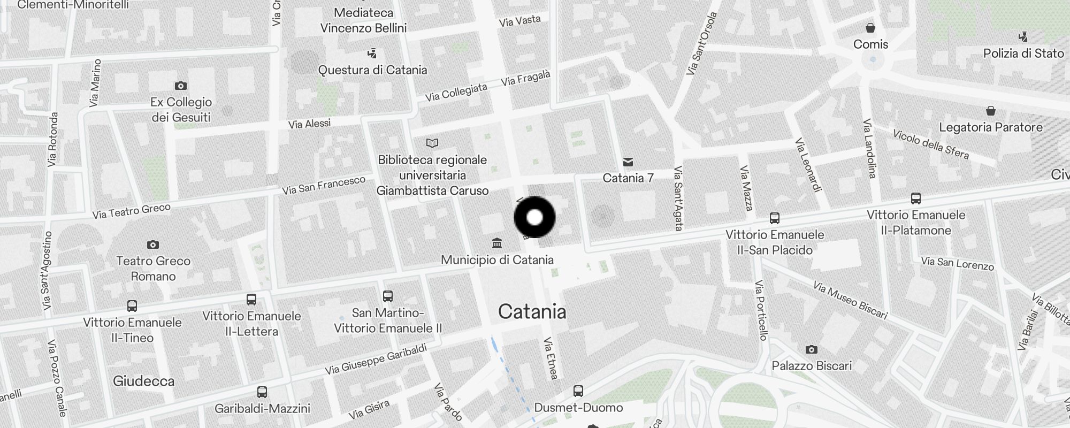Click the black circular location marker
point(534,217)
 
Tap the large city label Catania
point(532,311)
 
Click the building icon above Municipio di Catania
point(497,243)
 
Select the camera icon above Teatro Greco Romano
point(153,244)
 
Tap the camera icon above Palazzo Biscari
point(811,349)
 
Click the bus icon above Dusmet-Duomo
point(578,391)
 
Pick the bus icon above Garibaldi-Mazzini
point(262,392)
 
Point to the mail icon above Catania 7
point(628,162)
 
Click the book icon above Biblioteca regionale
point(432,143)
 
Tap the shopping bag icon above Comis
point(870,28)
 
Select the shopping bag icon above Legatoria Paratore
point(991,111)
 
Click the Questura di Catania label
point(372,70)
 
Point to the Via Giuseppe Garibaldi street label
point(376,359)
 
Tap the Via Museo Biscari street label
point(850,300)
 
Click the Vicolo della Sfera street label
point(931,144)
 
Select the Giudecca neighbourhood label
point(143,381)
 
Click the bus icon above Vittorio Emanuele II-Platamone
point(916,198)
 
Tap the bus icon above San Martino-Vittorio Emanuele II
point(388,296)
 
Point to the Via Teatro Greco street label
point(132,211)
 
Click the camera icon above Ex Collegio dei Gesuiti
point(181,86)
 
